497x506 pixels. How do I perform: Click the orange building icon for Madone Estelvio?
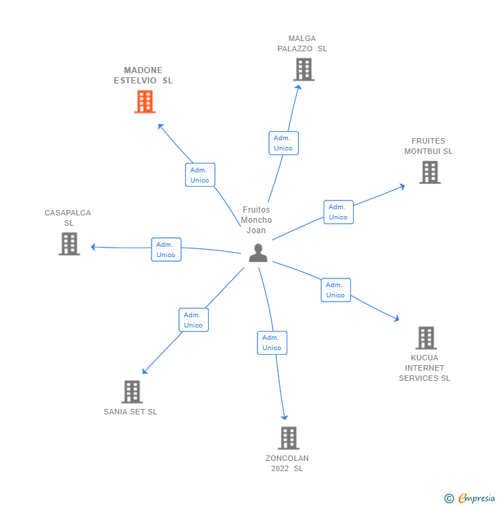[x=145, y=102]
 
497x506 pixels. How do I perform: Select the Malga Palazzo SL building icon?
[x=303, y=70]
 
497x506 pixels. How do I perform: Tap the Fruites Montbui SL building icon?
[x=429, y=172]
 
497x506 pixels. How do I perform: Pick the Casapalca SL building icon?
[x=69, y=244]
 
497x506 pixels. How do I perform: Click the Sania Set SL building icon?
[x=132, y=392]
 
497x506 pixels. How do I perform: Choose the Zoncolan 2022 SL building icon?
[x=289, y=438]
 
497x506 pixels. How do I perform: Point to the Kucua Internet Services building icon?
[x=426, y=338]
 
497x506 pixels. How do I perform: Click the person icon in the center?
[x=258, y=253]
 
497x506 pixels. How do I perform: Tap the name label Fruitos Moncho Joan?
[x=256, y=220]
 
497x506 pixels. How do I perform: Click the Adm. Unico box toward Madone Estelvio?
[x=200, y=175]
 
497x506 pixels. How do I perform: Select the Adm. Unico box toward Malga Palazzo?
[x=283, y=143]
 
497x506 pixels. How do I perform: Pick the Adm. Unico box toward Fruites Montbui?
[x=338, y=212]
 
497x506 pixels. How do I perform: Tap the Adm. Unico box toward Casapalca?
[x=166, y=250]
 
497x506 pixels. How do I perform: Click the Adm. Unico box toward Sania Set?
[x=193, y=320]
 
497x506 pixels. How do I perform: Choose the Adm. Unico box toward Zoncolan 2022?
[x=272, y=343]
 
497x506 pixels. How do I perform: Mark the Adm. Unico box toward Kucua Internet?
[x=335, y=290]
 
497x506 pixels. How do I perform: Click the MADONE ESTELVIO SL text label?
[x=143, y=75]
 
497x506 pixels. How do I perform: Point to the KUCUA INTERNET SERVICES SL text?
[x=425, y=368]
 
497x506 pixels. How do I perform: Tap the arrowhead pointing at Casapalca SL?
[x=94, y=247]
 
